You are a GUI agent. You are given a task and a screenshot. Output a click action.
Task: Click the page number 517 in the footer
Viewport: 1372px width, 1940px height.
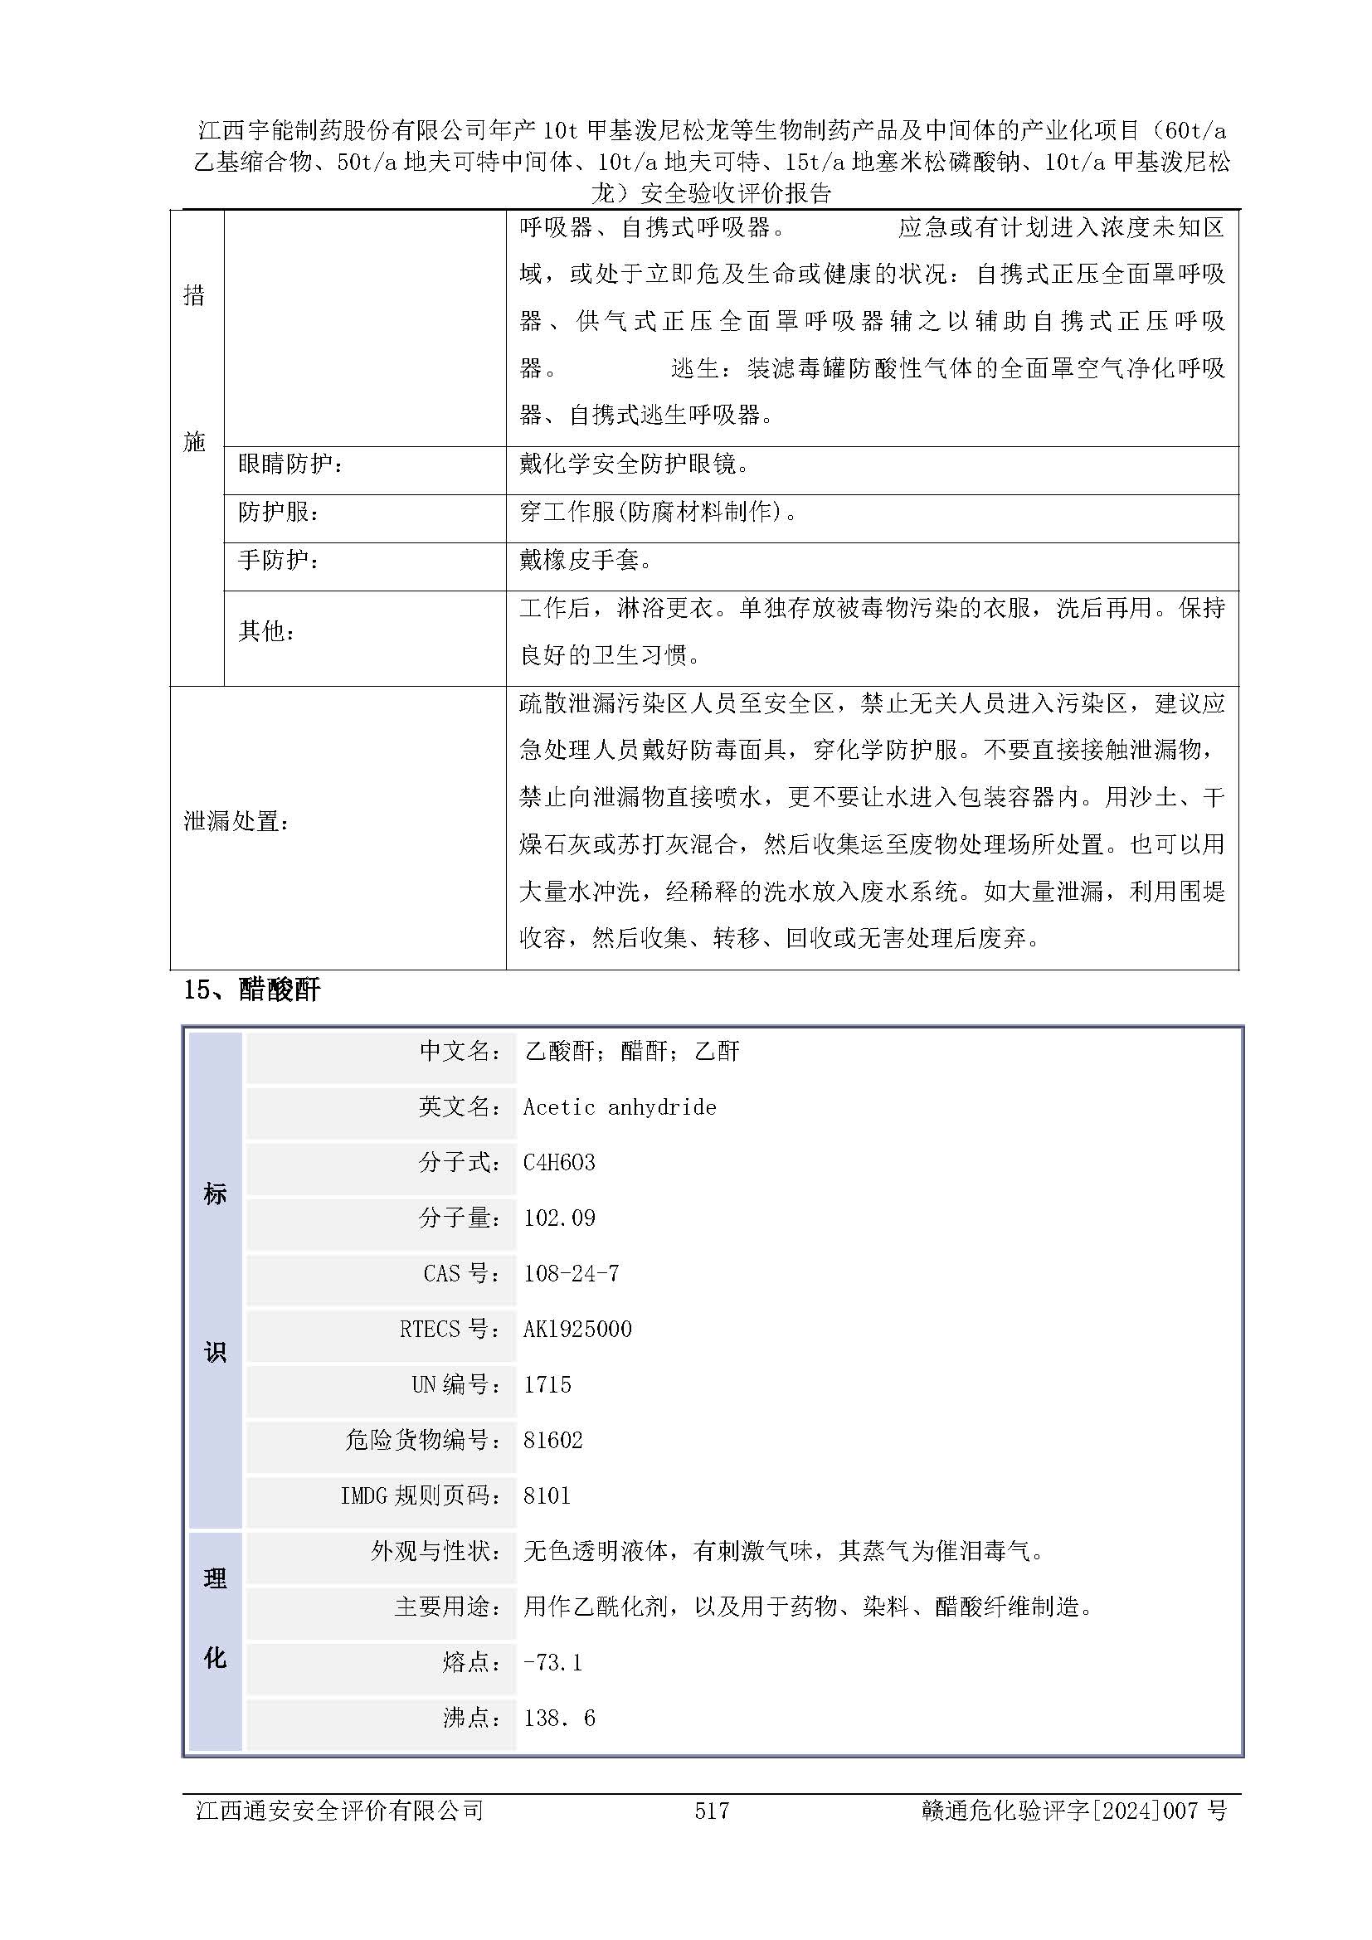(x=712, y=1810)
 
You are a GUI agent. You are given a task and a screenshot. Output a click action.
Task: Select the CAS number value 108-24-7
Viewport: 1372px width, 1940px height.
(x=571, y=1273)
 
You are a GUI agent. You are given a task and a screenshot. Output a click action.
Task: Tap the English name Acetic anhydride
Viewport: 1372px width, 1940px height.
(x=620, y=1107)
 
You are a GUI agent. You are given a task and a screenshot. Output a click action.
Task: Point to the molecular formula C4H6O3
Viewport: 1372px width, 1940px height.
(x=559, y=1163)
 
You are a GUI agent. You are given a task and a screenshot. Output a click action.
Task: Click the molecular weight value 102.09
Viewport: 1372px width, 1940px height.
(x=559, y=1218)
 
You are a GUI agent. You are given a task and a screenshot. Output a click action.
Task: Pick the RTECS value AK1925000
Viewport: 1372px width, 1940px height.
(x=577, y=1329)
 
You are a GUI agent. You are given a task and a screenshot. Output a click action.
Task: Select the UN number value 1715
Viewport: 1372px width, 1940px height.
(x=547, y=1384)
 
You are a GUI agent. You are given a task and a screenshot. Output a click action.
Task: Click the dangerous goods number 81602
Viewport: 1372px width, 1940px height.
(x=552, y=1440)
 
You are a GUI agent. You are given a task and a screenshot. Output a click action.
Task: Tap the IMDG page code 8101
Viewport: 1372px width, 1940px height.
(x=547, y=1495)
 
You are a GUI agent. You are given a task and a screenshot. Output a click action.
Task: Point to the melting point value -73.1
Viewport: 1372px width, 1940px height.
(x=552, y=1662)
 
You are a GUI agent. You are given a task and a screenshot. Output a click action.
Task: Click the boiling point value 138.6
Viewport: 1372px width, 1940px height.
(x=559, y=1718)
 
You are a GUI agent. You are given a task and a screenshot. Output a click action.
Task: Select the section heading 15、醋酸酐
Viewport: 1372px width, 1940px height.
(x=252, y=989)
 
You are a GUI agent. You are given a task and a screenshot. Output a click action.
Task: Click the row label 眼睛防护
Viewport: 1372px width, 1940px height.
(x=290, y=464)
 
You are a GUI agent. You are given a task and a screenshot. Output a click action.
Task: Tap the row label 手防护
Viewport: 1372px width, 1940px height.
(x=279, y=560)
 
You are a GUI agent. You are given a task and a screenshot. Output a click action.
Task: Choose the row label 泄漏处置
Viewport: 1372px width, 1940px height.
(x=236, y=820)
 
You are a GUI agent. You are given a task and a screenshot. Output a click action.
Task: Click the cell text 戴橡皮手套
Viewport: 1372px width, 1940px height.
(x=586, y=560)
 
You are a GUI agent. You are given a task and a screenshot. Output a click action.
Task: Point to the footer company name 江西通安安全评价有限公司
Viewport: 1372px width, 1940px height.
(x=339, y=1810)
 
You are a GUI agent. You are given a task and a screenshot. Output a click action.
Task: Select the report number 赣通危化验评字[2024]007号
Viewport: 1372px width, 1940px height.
(x=1073, y=1810)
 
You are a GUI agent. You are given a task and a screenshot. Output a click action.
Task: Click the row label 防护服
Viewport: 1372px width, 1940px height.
(x=279, y=512)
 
